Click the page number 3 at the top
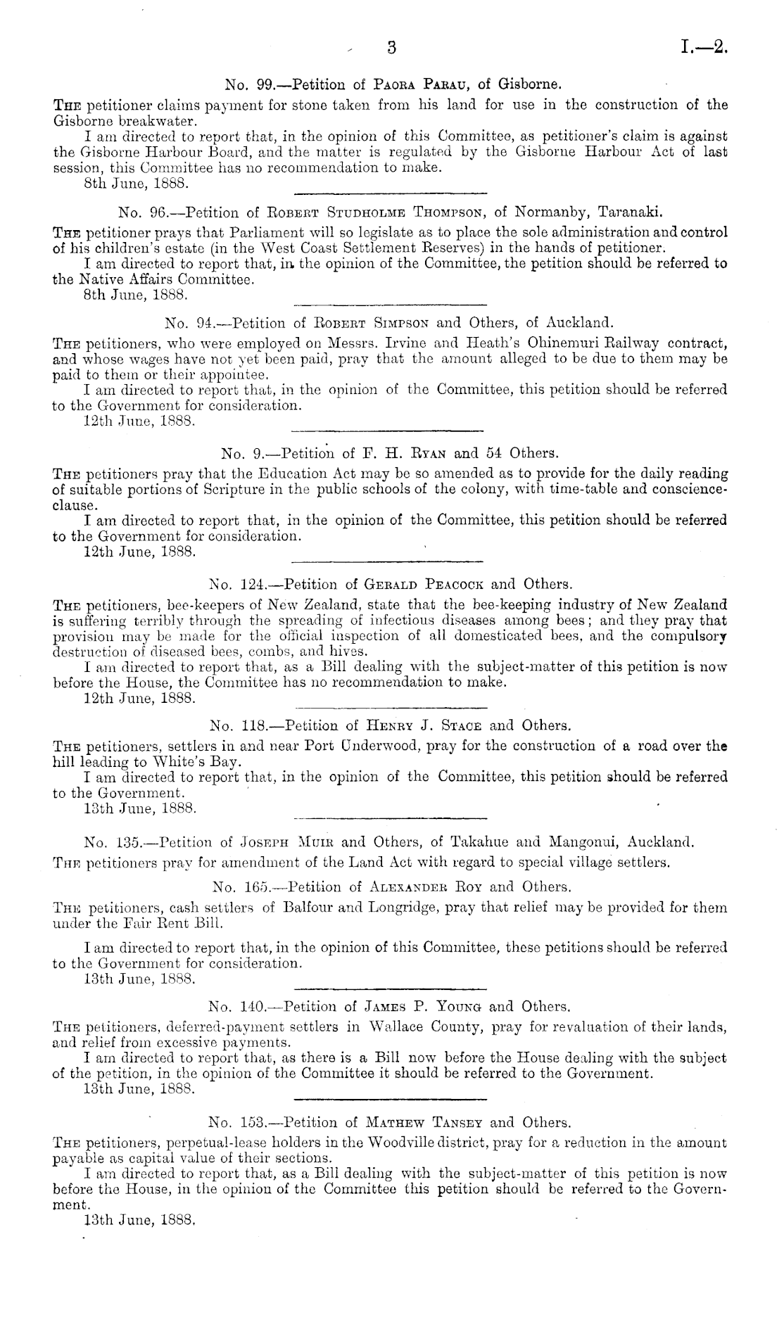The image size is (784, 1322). coord(393,48)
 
